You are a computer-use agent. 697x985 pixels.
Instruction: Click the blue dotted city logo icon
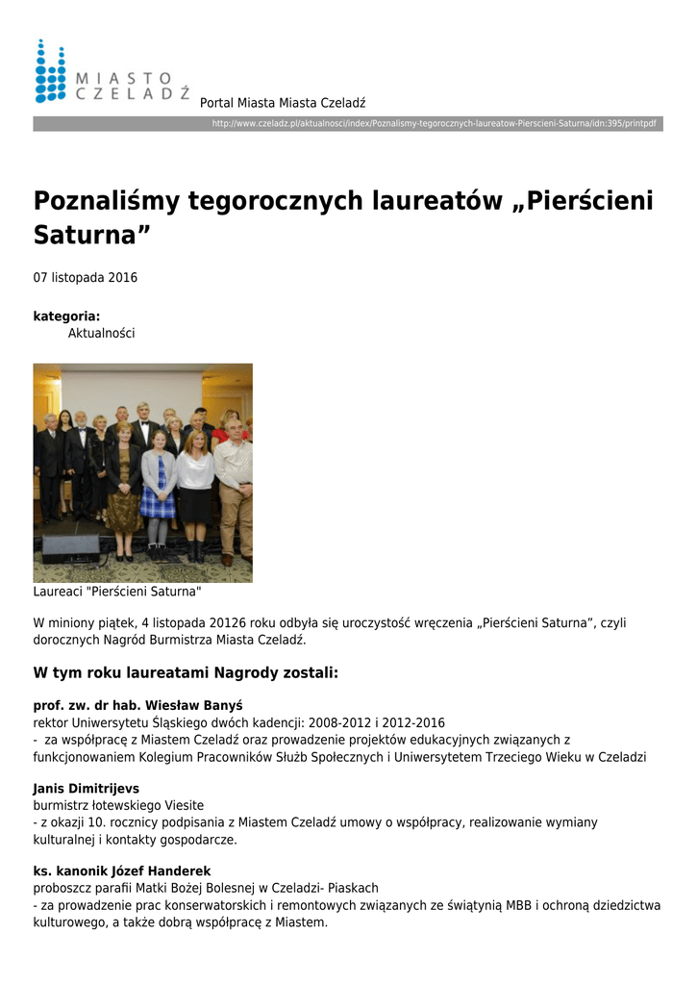coord(50,70)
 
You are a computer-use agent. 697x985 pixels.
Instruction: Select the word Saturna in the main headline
coord(91,235)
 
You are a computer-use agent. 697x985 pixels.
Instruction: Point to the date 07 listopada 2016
coord(86,278)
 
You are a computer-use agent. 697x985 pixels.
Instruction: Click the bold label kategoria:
coord(66,316)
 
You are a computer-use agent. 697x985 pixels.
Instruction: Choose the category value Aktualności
coord(101,333)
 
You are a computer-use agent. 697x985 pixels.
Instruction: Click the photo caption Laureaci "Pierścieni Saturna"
coord(117,592)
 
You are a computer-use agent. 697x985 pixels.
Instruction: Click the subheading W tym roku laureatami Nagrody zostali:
coord(186,672)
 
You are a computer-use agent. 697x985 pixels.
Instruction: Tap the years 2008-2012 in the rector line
coord(350,722)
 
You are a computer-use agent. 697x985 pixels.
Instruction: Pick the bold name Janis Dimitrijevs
coord(87,789)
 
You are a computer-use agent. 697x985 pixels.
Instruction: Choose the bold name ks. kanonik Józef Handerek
coord(122,871)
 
